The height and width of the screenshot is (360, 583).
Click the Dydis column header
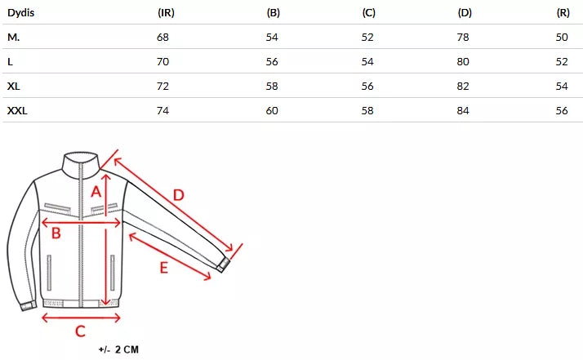pyautogui.click(x=21, y=13)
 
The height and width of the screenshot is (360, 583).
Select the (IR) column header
pyautogui.click(x=166, y=12)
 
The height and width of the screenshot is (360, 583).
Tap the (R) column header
pyautogui.click(x=563, y=12)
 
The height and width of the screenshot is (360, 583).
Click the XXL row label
pyautogui.click(x=17, y=110)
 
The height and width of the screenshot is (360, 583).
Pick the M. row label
pyautogui.click(x=13, y=38)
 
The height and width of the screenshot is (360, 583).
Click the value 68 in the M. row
pyautogui.click(x=162, y=38)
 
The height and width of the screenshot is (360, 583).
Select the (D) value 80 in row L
pyautogui.click(x=463, y=62)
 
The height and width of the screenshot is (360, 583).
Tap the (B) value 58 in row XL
pyautogui.click(x=272, y=87)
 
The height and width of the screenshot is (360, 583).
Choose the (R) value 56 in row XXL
pyautogui.click(x=562, y=111)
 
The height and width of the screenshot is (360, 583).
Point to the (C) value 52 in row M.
pyautogui.click(x=367, y=38)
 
